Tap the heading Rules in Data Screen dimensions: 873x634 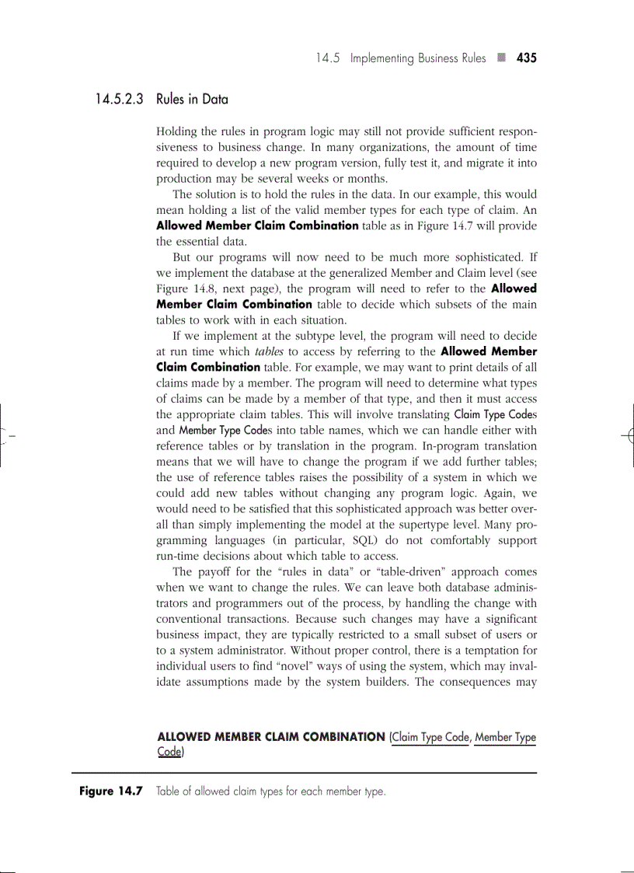(192, 100)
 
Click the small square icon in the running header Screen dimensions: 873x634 (502, 58)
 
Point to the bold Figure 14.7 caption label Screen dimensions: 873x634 (111, 791)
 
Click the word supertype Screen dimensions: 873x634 (395, 524)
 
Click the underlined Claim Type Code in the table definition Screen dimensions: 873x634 (430, 737)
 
